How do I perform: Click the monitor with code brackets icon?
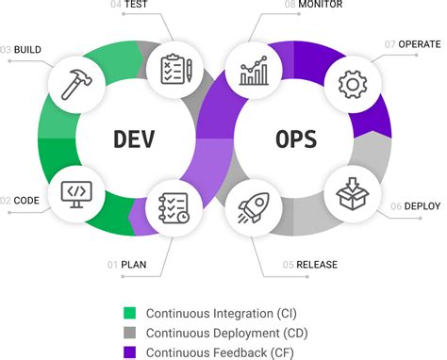coord(75,193)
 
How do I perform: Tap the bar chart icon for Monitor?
coord(254,68)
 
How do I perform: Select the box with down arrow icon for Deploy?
coord(353,194)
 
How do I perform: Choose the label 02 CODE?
coord(22,200)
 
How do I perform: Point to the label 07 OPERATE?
coord(414,44)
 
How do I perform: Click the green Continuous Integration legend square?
coord(129,312)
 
